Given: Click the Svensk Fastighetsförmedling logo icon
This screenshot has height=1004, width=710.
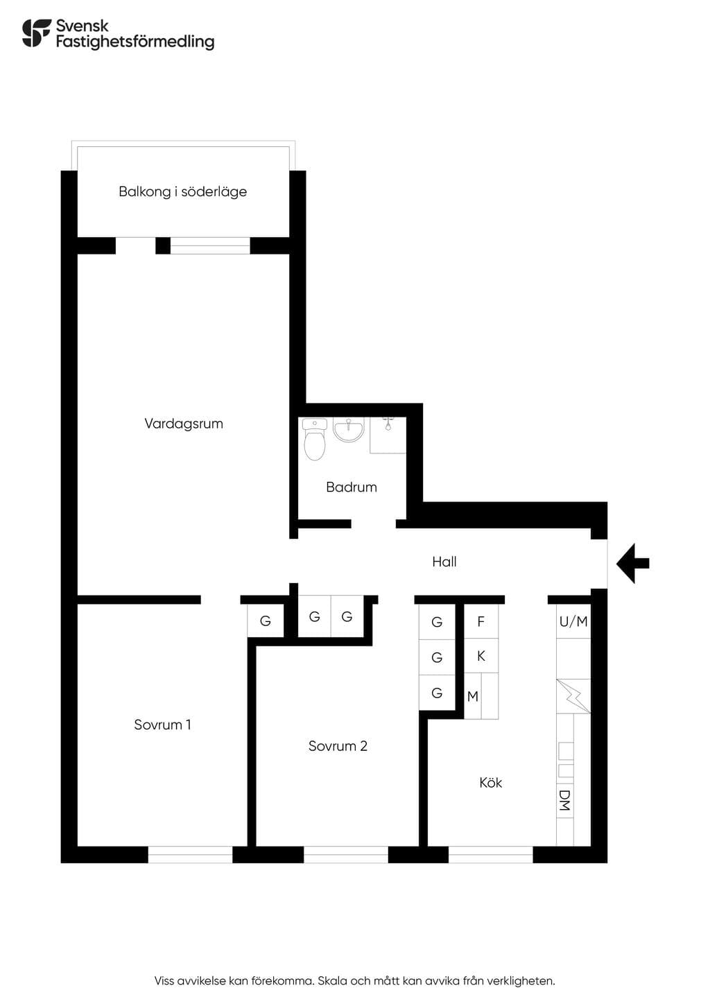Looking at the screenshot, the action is tap(37, 33).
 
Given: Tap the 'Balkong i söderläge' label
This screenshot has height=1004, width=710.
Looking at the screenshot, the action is tap(182, 192).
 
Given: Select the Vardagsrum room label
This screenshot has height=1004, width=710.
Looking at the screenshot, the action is tap(184, 424).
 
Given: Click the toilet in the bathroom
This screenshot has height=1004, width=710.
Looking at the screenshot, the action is tap(314, 440).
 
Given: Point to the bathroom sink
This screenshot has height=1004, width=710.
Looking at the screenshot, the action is tap(348, 431).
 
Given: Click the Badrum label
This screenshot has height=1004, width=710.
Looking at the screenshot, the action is tap(352, 487).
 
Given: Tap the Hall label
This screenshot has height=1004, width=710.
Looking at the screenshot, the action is tap(444, 562).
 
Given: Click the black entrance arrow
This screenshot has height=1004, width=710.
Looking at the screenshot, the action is tap(632, 564).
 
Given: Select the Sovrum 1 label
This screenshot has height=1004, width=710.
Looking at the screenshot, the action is tap(163, 725).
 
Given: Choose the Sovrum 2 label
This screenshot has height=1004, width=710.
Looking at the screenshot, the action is tap(338, 746).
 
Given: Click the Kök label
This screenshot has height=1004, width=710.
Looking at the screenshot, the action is tap(490, 783).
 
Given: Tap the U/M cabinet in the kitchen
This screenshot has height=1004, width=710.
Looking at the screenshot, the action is tap(573, 621).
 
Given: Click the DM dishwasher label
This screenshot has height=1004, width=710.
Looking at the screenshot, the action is tap(565, 800).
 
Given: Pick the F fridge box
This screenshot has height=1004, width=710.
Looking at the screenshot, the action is tap(481, 621).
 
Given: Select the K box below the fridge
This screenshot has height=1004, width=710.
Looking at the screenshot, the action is tap(481, 656).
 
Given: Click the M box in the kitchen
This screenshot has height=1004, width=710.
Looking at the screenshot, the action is tap(472, 696).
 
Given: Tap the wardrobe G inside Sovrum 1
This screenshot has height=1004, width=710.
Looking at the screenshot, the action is tap(266, 621).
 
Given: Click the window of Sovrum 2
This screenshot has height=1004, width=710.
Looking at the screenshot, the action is tap(346, 854).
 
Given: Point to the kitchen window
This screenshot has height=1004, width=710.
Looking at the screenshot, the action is tap(491, 854).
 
